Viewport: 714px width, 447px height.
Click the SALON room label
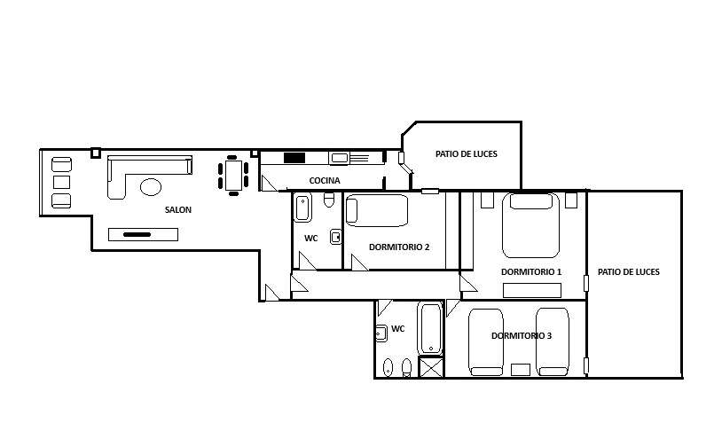point(178,210)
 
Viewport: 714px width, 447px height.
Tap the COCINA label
point(325,181)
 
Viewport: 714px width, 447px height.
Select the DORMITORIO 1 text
point(531,271)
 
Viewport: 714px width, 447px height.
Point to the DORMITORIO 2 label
point(399,247)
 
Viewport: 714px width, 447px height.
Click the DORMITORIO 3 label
point(522,336)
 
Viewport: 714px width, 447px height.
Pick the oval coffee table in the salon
point(151,186)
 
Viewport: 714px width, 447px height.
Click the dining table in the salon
point(233,176)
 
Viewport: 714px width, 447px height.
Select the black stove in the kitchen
point(294,158)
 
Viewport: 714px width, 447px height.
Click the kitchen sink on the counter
point(339,158)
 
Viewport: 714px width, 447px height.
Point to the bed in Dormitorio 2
point(377,211)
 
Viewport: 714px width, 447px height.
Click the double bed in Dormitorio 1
point(531,225)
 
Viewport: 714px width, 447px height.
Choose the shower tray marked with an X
point(431,368)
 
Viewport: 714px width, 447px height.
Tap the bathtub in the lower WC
point(431,329)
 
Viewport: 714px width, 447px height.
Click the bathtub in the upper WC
point(302,208)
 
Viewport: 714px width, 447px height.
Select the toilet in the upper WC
point(329,200)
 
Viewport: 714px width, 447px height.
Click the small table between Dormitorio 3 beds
point(521,370)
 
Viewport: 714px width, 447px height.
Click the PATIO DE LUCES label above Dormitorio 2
point(467,153)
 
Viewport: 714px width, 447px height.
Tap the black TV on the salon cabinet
point(137,235)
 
